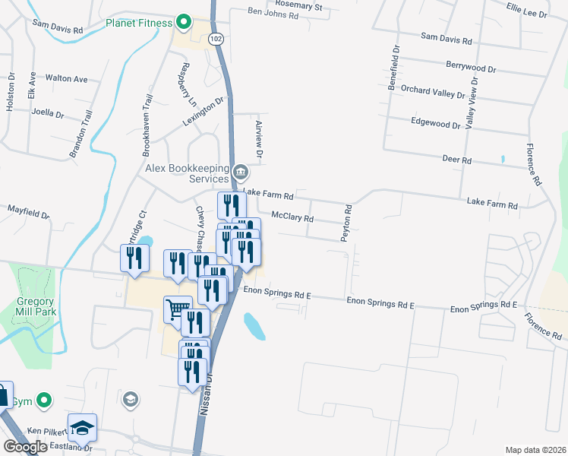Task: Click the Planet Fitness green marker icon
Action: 182,22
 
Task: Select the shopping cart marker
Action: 178,309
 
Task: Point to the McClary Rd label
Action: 292,217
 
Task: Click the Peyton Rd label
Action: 347,223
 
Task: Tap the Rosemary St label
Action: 300,6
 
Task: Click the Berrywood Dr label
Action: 471,68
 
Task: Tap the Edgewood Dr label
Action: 435,122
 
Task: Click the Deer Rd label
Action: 456,160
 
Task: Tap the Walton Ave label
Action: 67,78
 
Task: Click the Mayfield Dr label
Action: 28,211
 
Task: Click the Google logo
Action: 25,446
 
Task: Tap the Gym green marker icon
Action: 45,399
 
